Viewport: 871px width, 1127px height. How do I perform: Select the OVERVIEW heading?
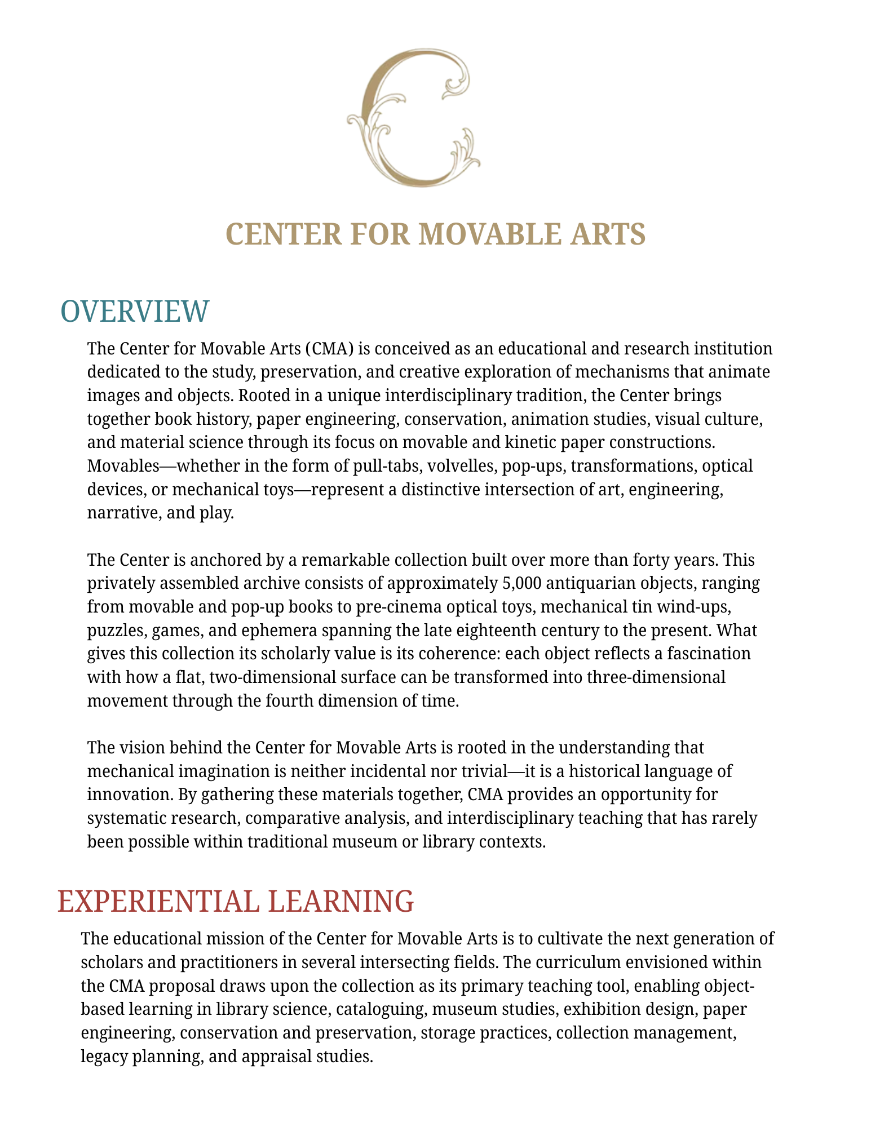(134, 311)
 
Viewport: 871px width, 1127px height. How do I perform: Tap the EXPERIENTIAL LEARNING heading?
(236, 901)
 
